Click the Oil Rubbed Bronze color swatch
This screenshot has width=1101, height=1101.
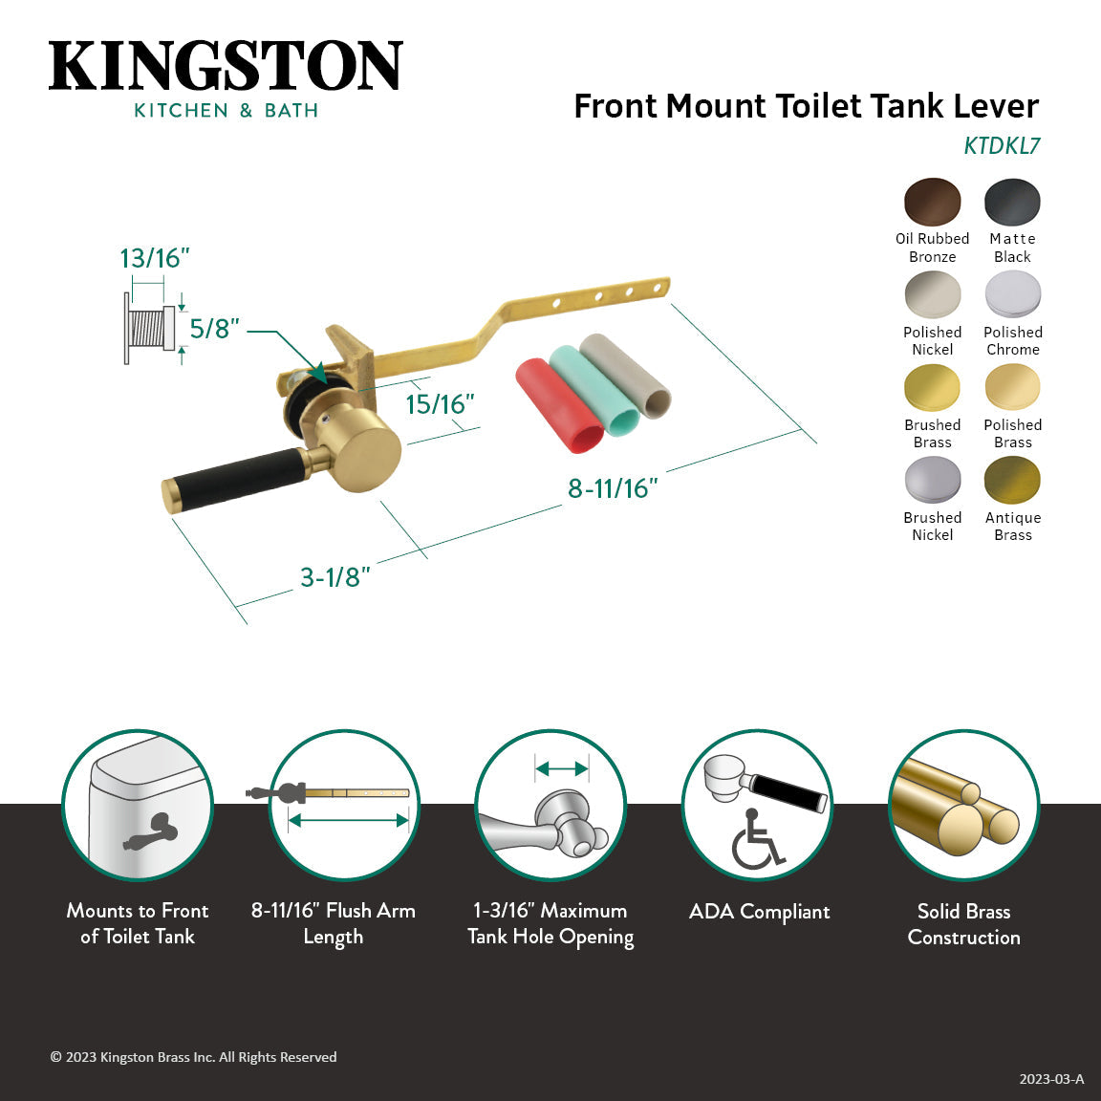[x=932, y=202]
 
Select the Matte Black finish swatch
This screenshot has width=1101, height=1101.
[x=1012, y=202]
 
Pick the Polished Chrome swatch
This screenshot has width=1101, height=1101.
[x=1012, y=294]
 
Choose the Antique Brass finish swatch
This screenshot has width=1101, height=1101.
[x=1012, y=480]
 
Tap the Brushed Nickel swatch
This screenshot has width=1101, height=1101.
[x=932, y=480]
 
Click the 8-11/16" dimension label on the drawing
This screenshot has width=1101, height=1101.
[x=613, y=488]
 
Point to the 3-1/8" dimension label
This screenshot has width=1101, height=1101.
[x=335, y=577]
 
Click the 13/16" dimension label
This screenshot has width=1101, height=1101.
[x=154, y=258]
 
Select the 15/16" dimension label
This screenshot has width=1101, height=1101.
[x=440, y=404]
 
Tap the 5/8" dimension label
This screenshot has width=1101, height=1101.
[x=214, y=329]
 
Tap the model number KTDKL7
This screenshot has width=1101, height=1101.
[x=1001, y=146]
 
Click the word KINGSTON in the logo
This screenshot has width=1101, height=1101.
[x=226, y=67]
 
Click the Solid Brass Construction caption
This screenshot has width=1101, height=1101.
[x=963, y=924]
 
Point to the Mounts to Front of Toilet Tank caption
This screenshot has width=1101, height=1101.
[x=138, y=923]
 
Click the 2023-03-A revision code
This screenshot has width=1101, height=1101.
[x=1051, y=1079]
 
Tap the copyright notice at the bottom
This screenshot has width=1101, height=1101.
[x=193, y=1057]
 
